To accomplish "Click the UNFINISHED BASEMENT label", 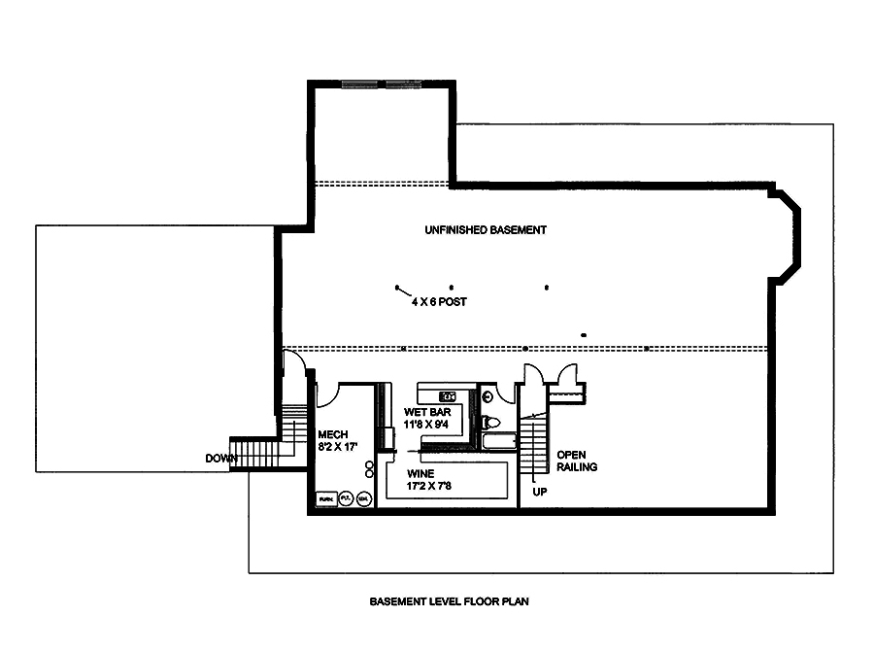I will pyautogui.click(x=485, y=230).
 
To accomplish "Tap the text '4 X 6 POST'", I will pyautogui.click(x=438, y=302).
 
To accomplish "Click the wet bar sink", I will pyautogui.click(x=448, y=395).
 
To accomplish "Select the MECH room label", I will pyautogui.click(x=332, y=434).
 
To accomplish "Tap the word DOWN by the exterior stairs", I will pyautogui.click(x=221, y=458).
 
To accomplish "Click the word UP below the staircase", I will pyautogui.click(x=541, y=491).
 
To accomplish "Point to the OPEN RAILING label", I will pyautogui.click(x=576, y=461).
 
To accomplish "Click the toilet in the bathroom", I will pyautogui.click(x=490, y=422).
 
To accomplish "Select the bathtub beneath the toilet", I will pyautogui.click(x=495, y=442).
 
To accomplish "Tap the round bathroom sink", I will pyautogui.click(x=487, y=394).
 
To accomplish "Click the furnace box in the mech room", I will pyautogui.click(x=324, y=498).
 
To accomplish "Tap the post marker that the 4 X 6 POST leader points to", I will pyautogui.click(x=397, y=287).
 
